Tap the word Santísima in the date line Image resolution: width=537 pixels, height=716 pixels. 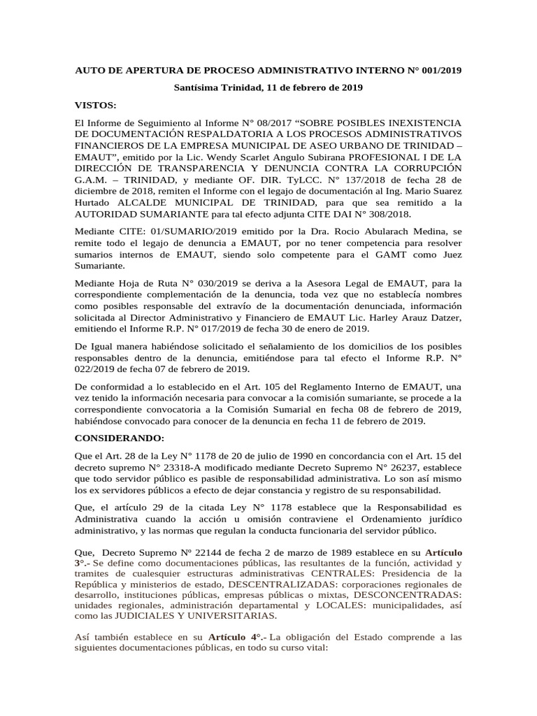pyautogui.click(x=199, y=88)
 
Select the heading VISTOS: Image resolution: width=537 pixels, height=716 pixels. pyautogui.click(x=96, y=105)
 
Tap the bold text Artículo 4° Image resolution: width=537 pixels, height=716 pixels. pyautogui.click(x=236, y=637)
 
